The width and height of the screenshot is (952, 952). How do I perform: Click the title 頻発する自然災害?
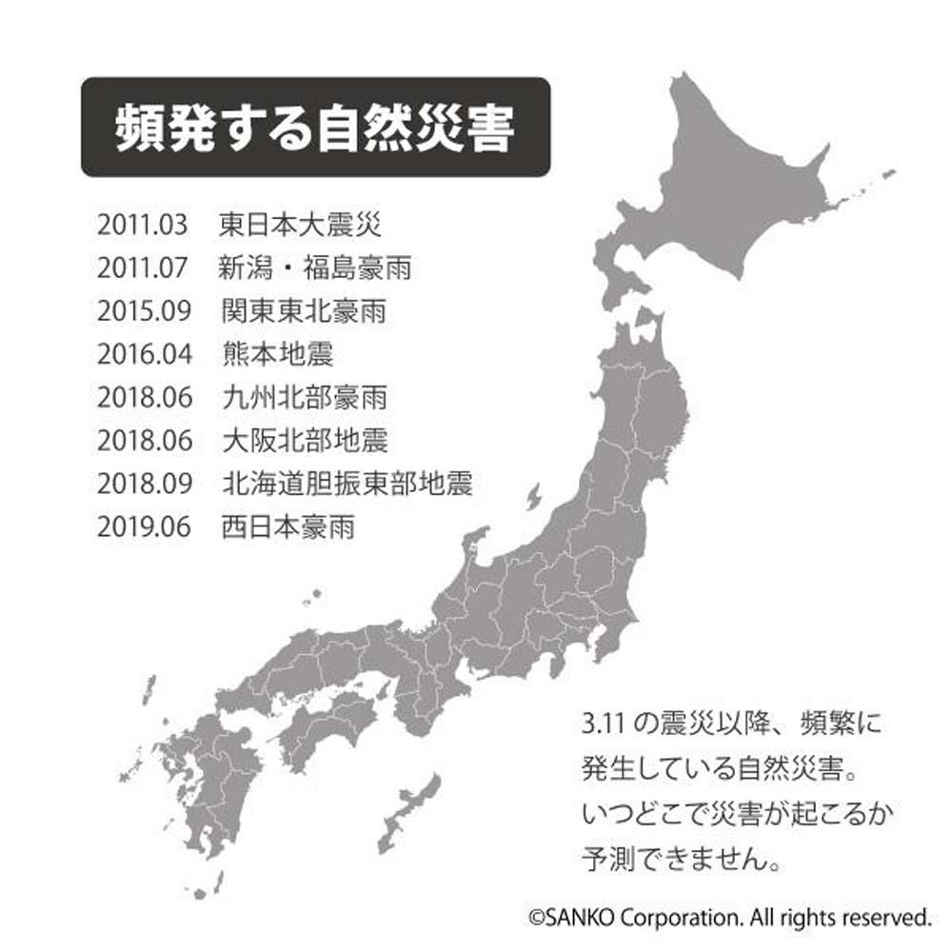315,129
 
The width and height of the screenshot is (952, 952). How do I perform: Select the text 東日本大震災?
300,227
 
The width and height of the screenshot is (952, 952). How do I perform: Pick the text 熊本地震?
277,355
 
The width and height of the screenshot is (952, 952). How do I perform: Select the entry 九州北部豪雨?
302,398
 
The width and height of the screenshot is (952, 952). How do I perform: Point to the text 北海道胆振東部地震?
346,484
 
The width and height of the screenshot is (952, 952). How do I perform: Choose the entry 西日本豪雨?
288,526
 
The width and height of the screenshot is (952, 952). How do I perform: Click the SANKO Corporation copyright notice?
729,918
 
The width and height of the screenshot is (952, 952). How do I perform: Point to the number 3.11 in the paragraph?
601,723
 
